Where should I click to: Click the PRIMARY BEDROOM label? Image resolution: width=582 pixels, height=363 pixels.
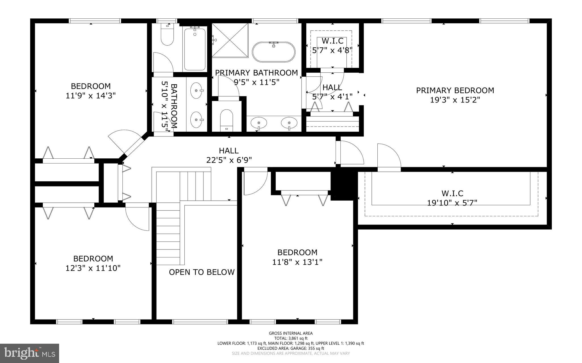(x=455, y=91)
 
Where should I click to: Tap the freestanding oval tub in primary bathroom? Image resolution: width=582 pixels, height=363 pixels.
(x=274, y=52)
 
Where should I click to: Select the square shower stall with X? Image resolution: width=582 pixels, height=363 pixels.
(x=230, y=40)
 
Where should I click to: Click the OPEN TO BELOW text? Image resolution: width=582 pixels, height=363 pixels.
(x=202, y=272)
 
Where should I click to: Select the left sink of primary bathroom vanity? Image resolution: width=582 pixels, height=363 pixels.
(x=259, y=123)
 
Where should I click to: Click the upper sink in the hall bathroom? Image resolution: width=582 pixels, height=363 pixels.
(x=196, y=90)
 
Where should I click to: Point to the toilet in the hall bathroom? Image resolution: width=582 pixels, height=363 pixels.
(x=167, y=35)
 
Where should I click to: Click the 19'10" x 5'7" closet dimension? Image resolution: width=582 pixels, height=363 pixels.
(x=452, y=203)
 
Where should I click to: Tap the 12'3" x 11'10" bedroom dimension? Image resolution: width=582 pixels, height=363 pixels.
(x=93, y=268)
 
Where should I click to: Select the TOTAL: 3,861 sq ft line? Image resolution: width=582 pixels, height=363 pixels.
(x=291, y=338)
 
